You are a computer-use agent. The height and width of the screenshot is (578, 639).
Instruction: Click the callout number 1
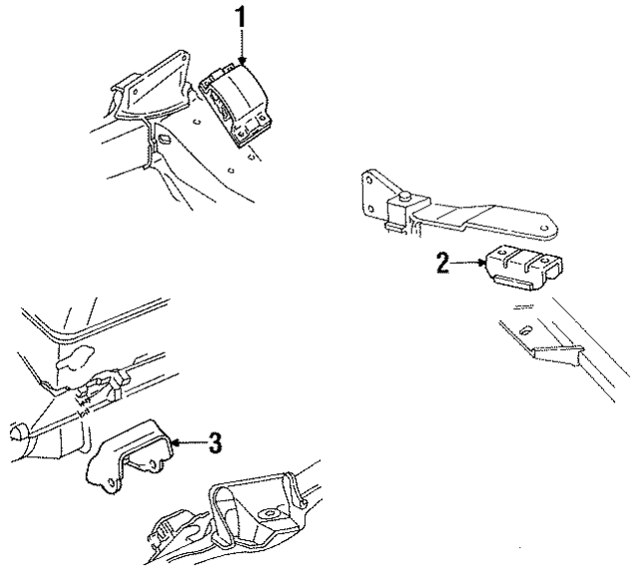(241, 17)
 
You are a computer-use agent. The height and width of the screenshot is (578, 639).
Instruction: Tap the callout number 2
(442, 265)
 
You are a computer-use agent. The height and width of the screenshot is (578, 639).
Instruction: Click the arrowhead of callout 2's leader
(485, 265)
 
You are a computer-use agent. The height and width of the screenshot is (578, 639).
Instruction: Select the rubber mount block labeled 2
(519, 268)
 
